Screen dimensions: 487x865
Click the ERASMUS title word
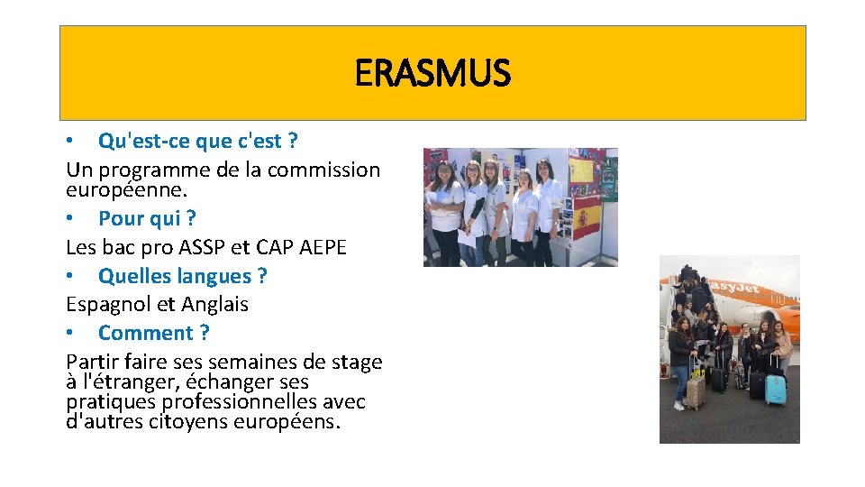tap(432, 73)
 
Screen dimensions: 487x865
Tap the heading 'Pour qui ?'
tap(147, 218)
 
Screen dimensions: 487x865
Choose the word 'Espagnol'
tap(105, 305)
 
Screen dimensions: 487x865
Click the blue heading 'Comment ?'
tap(153, 333)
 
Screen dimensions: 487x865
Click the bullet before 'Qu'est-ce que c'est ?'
tap(70, 142)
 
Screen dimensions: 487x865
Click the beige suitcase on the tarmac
tap(697, 390)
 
